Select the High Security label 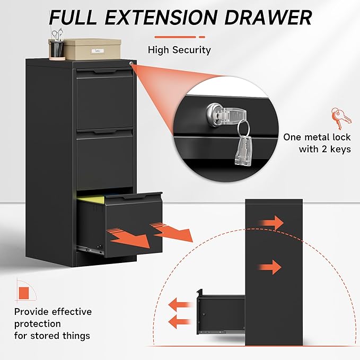pos(179,50)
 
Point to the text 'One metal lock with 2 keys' pos(317,143)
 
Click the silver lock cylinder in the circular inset pos(216,111)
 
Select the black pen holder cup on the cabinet pos(57,49)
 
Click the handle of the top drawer pos(105,71)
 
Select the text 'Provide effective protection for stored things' pos(52,323)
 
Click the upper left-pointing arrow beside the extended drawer pos(181,304)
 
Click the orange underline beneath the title pos(179,37)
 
